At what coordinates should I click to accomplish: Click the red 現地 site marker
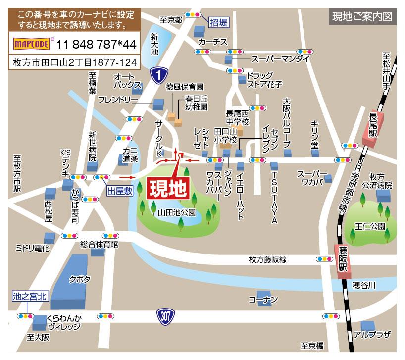point(167,188)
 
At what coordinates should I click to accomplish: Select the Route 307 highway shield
point(166,315)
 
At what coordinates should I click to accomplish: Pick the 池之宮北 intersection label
point(30,297)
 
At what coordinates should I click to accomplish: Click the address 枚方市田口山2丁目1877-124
point(74,63)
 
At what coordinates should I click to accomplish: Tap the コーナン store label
point(263,300)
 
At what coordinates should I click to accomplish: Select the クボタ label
point(80,279)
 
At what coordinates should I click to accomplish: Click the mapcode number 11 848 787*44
point(97,44)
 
